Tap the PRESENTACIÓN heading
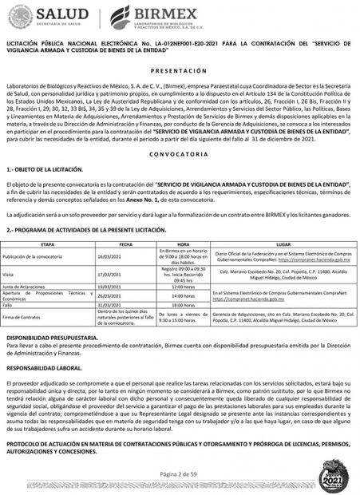tap(180, 70)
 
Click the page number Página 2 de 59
tap(180, 473)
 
